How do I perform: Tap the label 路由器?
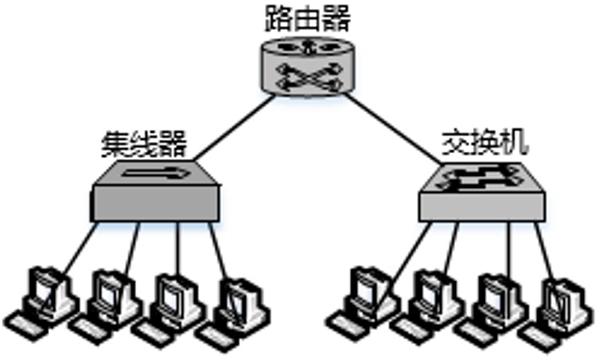point(307,18)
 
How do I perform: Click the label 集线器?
point(144,144)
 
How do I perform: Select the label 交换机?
point(485,142)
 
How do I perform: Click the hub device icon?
point(155,194)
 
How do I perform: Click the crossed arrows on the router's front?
point(308,78)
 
